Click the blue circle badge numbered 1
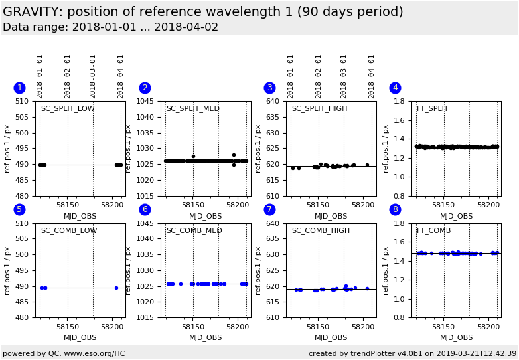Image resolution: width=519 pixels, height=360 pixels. (19, 88)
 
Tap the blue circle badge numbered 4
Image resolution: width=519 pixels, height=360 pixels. (395, 88)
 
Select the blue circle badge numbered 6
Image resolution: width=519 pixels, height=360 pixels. (145, 209)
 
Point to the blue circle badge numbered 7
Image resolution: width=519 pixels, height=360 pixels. (269, 209)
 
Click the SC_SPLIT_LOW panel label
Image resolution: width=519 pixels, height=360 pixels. (68, 109)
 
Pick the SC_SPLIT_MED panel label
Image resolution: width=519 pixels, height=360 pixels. (192, 109)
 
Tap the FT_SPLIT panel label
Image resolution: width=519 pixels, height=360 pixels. (432, 109)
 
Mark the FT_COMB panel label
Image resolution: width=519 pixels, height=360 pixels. (433, 231)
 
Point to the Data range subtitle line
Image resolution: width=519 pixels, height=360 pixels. (110, 27)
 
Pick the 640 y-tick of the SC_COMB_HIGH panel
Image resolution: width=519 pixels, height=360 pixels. (274, 223)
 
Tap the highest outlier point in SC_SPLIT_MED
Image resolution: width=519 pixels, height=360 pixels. (234, 155)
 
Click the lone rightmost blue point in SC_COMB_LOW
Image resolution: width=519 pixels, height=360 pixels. (116, 288)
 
